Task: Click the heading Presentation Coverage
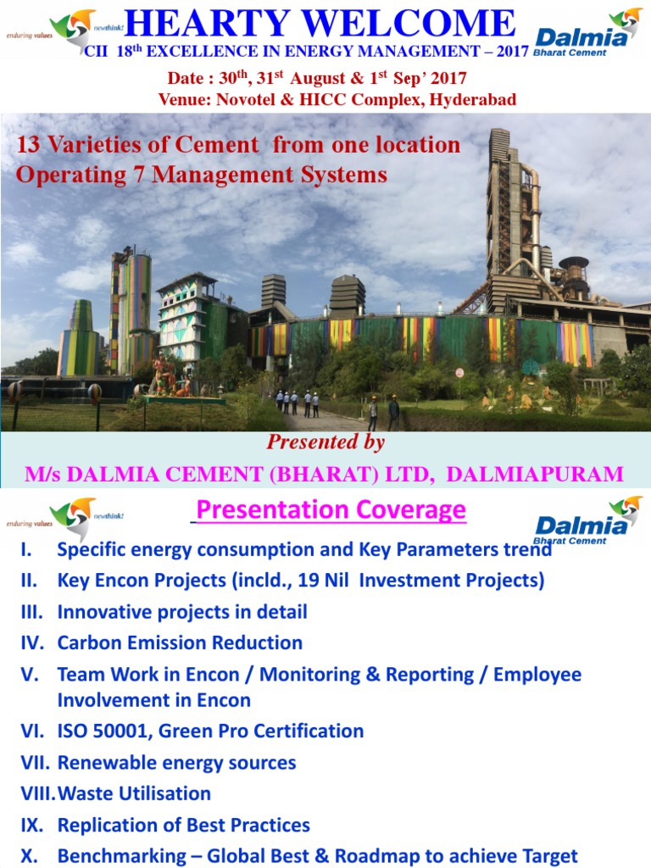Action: pos(331,510)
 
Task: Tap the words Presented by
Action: pos(325,442)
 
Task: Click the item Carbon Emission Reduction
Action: pos(180,643)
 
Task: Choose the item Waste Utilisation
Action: pos(134,794)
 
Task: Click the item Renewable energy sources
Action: pos(176,763)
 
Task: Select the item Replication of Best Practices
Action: pos(183,825)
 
